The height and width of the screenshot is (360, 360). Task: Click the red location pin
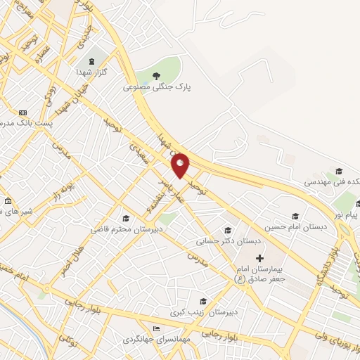pos(181,165)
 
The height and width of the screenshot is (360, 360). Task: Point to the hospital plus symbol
pos(259,259)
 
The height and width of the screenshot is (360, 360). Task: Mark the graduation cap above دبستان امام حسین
pos(295,217)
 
